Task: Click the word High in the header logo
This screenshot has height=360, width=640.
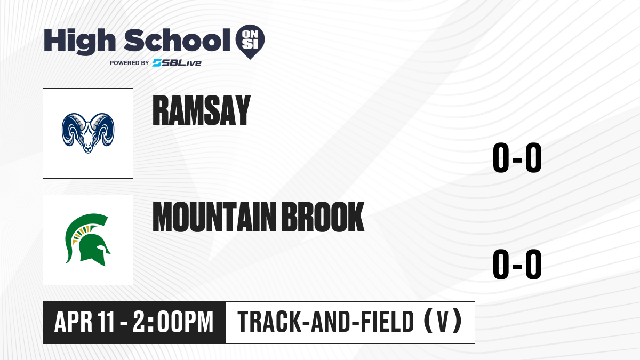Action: click(79, 41)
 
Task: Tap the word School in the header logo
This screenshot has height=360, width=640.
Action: click(177, 40)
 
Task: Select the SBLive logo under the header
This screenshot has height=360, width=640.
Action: click(177, 63)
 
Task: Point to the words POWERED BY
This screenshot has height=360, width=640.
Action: click(130, 63)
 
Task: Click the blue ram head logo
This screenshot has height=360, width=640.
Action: click(88, 133)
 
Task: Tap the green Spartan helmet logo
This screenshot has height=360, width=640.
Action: click(87, 239)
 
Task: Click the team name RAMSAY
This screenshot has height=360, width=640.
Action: click(202, 110)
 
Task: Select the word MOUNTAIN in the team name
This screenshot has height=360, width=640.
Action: click(214, 217)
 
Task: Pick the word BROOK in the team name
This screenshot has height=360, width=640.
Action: click(323, 217)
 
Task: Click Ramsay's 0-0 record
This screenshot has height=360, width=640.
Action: click(517, 157)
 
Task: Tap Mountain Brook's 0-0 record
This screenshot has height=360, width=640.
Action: click(517, 264)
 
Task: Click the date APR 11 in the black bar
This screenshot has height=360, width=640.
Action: click(85, 322)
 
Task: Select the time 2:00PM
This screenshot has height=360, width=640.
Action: click(173, 322)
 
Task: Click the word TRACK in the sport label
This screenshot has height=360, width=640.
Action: click(269, 322)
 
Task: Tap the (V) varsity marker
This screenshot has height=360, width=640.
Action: click(443, 322)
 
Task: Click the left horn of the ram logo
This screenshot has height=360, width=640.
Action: click(72, 129)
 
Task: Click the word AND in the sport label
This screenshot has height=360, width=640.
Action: click(331, 322)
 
